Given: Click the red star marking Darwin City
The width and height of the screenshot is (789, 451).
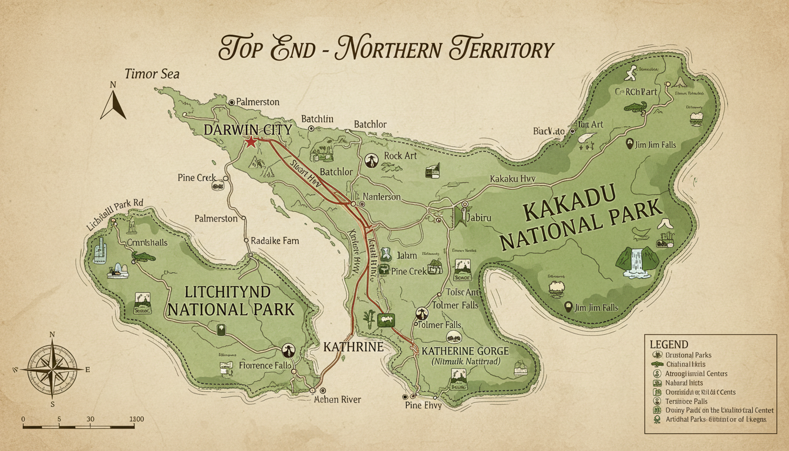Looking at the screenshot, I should pos(251,142).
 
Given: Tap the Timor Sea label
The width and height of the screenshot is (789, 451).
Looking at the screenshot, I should pos(151,74).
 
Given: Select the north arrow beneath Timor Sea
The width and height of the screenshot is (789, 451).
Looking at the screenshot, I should pos(113,101).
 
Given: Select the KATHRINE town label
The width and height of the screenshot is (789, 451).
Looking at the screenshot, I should pos(353,347).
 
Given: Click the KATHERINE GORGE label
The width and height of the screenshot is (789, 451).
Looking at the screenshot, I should pos(465,351).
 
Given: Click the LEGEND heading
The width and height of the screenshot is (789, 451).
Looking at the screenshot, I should pos(669,344).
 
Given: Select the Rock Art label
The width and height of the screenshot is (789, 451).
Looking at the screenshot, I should pos(401,156).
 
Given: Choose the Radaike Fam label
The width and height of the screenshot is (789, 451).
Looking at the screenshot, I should pos(274,240).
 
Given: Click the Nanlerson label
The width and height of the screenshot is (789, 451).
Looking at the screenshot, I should pos(382,197).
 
